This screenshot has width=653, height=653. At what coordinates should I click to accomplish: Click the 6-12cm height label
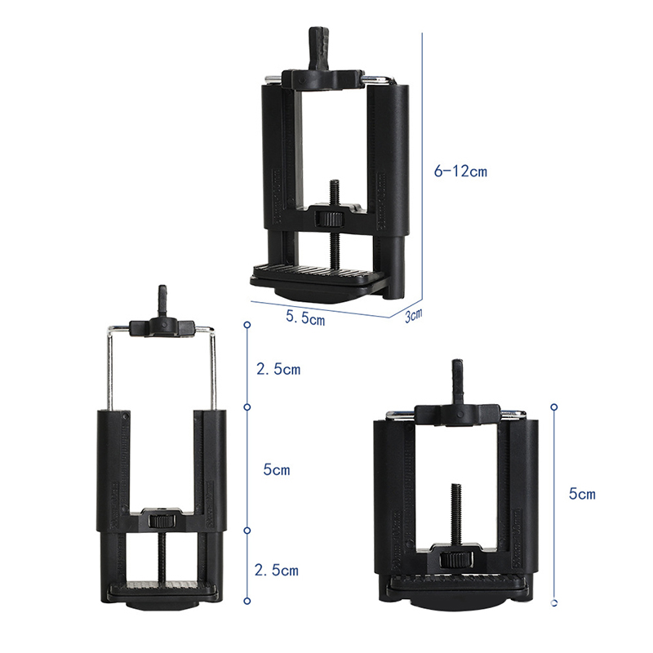pos(460,171)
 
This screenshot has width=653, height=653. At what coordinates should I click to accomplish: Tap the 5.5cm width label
pos(305,318)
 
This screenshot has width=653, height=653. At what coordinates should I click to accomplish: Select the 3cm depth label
pos(414,315)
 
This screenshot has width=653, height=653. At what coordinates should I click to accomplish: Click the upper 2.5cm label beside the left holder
pos(278,369)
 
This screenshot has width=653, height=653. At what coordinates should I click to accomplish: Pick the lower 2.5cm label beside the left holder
pos(277,570)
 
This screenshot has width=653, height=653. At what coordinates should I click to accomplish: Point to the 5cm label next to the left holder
pos(277,470)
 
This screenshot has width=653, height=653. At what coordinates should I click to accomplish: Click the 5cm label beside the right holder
pos(582,494)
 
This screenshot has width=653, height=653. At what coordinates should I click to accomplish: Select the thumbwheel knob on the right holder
pos(455,559)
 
